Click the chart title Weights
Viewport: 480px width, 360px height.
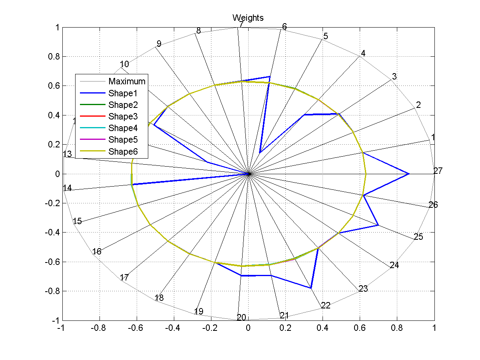point(248,18)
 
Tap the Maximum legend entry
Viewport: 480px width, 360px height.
point(127,82)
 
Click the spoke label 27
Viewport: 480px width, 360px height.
point(438,171)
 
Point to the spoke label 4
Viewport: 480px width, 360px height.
point(363,53)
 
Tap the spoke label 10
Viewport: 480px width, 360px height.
point(124,64)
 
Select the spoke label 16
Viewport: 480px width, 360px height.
point(97,251)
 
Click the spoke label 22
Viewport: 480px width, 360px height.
point(326,306)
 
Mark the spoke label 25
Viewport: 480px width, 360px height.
point(418,237)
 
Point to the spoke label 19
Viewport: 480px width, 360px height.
point(199,312)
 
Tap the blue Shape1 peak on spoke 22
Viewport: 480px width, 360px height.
point(311,288)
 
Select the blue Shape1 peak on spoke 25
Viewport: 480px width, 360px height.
point(378,225)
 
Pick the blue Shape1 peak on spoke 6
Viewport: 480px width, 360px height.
point(270,76)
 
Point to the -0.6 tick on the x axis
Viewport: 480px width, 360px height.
point(136,328)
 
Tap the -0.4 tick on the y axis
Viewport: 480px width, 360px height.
point(53,233)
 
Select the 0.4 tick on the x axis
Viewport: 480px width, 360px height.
point(323,328)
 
